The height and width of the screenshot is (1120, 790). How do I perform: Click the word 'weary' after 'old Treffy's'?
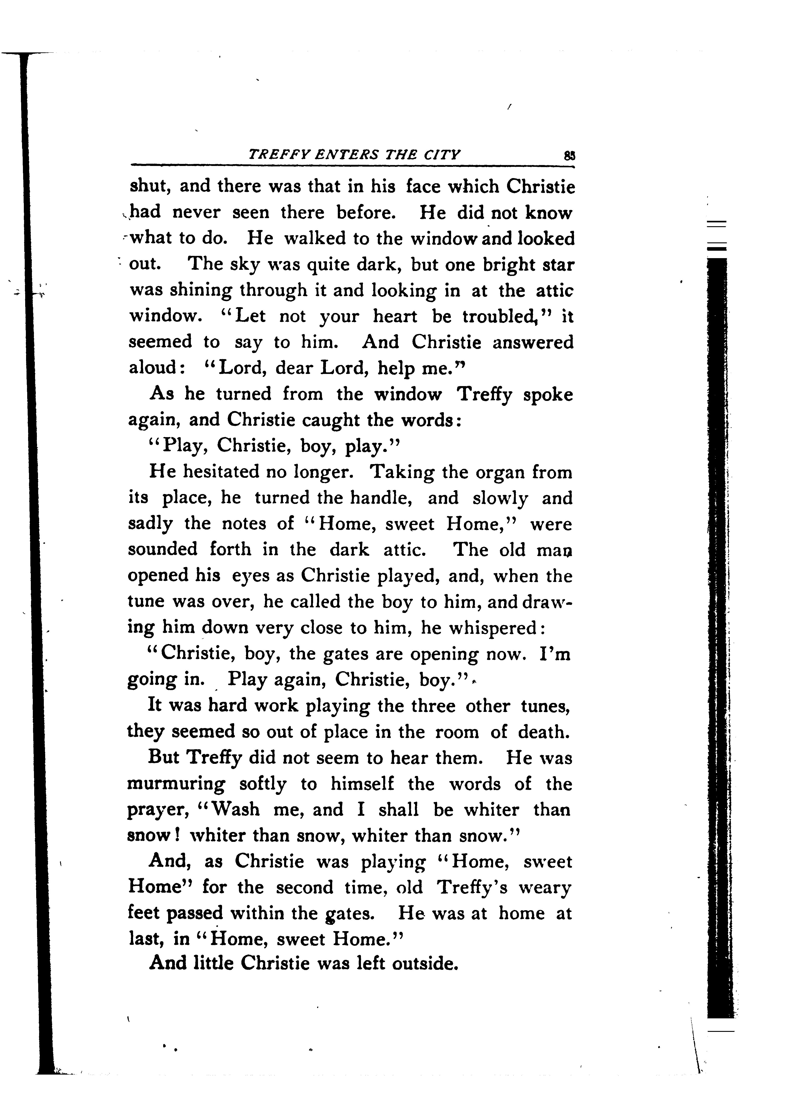tap(544, 888)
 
